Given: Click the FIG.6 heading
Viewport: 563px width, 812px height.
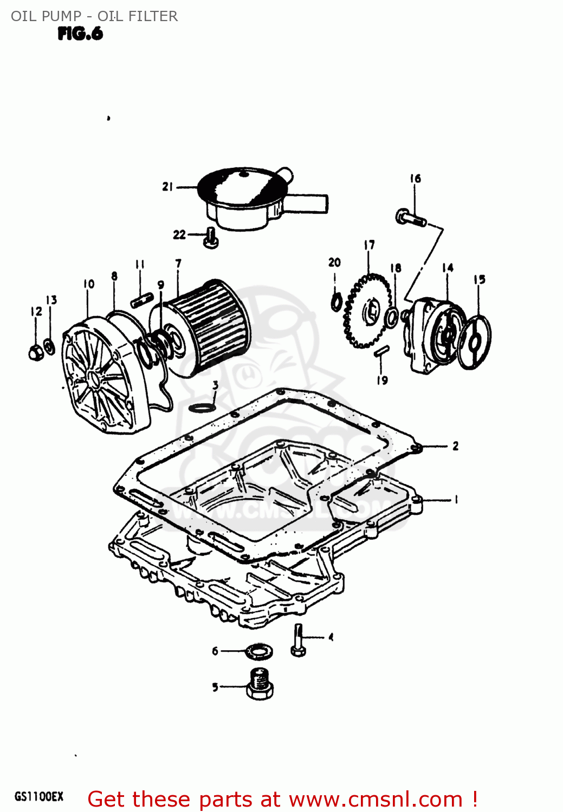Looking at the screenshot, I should (80, 34).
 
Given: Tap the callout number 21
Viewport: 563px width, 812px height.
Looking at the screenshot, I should (167, 187).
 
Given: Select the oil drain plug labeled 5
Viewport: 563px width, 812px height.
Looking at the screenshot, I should (260, 684).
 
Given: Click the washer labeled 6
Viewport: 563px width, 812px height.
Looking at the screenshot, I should (258, 652).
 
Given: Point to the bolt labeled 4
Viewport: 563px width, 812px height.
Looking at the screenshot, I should (298, 640).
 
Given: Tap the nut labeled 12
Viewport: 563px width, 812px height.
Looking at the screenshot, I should (36, 352).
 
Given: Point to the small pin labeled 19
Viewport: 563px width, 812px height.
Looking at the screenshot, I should (381, 351).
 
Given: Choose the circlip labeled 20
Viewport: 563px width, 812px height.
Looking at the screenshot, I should (336, 302).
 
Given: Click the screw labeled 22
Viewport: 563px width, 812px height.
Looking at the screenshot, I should (210, 238).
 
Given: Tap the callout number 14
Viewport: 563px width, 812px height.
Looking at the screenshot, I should (448, 268).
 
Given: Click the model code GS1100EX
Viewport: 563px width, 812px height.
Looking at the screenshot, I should (38, 797).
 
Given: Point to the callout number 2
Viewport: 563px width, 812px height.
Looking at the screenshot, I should (455, 446).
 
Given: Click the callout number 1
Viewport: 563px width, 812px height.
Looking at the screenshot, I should (456, 500).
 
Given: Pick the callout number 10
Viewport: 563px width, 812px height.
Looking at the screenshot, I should (89, 284).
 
